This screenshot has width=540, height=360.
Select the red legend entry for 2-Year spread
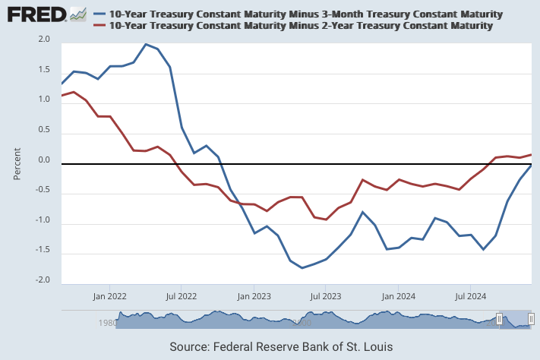[301, 26]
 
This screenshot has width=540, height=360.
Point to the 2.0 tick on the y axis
[44, 39]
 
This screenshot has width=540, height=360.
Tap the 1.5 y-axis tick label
[44, 69]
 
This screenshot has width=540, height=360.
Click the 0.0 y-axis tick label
[44, 160]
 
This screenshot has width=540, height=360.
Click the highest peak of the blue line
[146, 44]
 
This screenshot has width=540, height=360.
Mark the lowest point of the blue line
[302, 267]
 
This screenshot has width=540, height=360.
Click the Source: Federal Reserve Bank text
[281, 346]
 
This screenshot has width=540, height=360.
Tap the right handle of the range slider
[532, 320]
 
